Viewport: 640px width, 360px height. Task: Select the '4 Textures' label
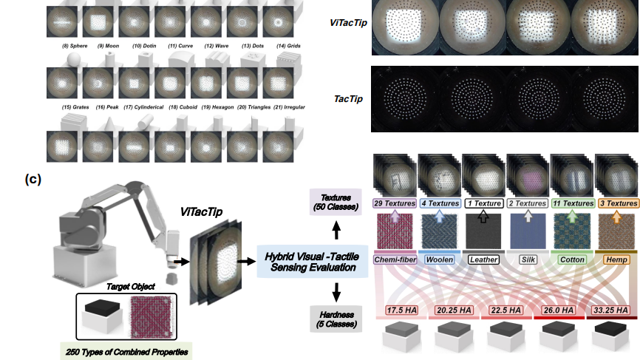[439, 203]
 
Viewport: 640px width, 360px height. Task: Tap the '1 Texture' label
[483, 203]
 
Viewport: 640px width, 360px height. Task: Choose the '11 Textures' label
[572, 203]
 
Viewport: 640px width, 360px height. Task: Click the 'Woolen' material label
[439, 259]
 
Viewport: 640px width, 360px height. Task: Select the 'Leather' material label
[483, 259]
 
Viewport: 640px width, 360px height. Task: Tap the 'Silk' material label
[528, 259]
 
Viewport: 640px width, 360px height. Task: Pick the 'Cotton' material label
[572, 259]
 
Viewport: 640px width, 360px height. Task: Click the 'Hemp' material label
[616, 259]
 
